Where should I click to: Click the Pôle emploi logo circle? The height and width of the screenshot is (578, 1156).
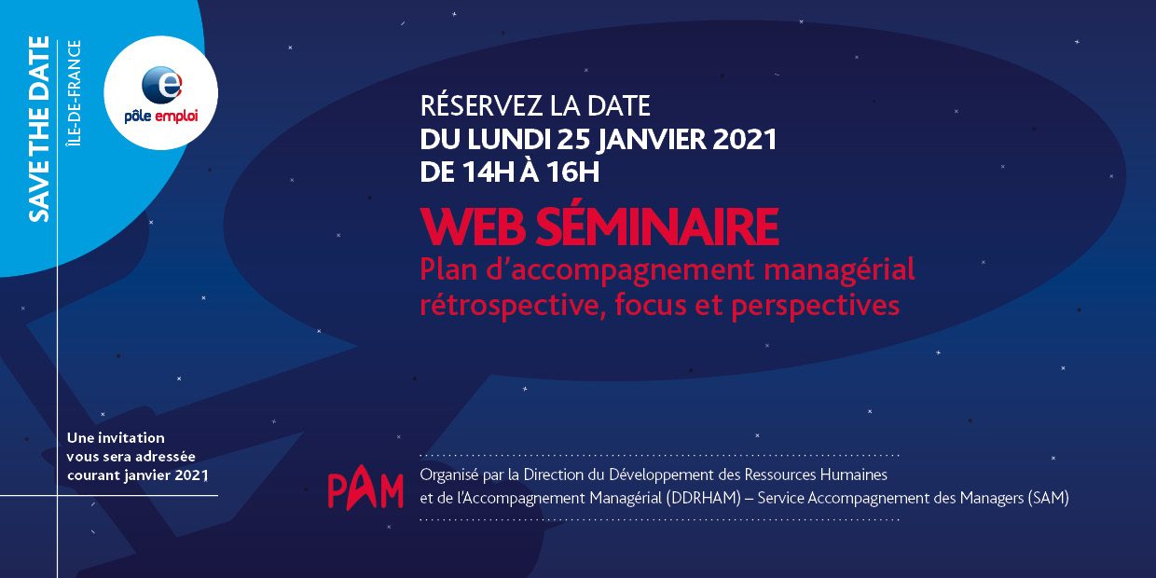click(161, 93)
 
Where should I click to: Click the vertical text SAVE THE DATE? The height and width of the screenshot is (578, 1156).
click(39, 129)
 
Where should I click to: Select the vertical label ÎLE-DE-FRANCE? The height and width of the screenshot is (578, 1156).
click(75, 93)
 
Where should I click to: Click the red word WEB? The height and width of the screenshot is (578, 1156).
click(474, 227)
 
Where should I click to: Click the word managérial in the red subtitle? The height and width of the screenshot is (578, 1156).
click(839, 270)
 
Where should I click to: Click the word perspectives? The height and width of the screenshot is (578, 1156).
click(816, 306)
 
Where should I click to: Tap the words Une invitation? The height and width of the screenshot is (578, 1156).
click(117, 437)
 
